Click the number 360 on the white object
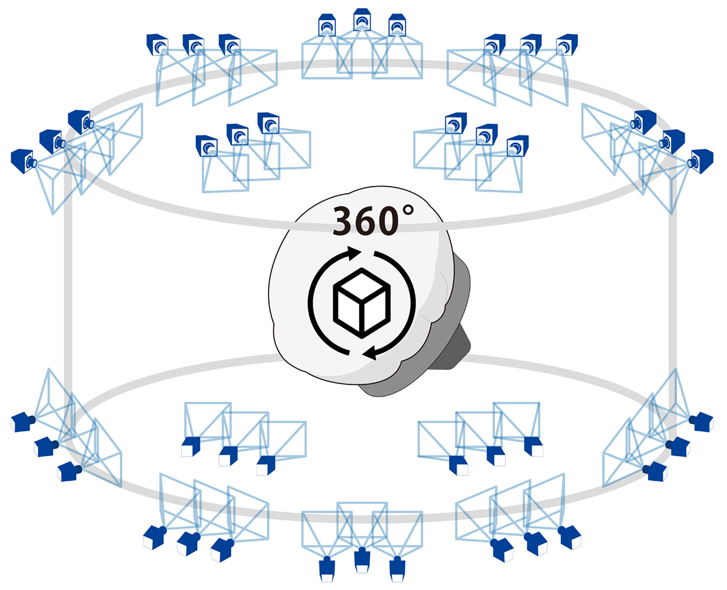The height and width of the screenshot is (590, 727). point(365,221)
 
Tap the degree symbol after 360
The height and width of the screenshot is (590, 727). point(408,210)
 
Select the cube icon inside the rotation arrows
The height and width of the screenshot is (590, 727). point(362,303)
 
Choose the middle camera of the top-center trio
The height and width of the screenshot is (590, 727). point(362,19)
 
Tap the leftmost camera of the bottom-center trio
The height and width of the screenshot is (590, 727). point(327,569)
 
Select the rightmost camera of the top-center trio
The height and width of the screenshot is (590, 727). point(397,25)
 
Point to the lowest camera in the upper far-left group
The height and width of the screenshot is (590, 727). point(24,161)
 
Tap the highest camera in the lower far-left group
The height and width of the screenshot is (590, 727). point(22,422)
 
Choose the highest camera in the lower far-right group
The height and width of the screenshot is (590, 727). point(702,422)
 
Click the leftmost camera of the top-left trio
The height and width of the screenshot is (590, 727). point(157,44)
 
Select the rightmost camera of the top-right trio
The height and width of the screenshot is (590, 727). point(567,44)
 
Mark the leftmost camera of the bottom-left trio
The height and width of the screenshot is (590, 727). point(154,537)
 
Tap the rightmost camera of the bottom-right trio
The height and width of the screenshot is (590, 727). point(569,537)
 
